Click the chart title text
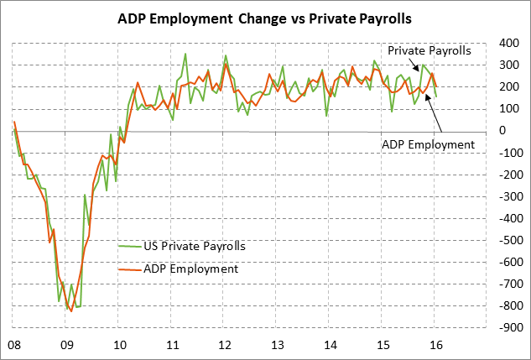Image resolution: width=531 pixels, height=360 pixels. click(x=265, y=16)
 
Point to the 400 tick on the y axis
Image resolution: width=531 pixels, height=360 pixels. click(x=508, y=43)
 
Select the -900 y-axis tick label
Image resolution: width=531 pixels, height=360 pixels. click(x=506, y=327)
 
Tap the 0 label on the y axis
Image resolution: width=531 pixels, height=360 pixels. click(x=502, y=130)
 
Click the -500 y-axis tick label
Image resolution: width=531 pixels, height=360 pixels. click(x=506, y=240)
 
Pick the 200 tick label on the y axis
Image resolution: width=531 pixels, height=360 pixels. click(x=508, y=86)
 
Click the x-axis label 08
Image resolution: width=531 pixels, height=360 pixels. click(x=14, y=344)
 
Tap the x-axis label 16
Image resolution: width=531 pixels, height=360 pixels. click(x=435, y=344)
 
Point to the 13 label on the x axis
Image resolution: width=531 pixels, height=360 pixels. click(x=277, y=344)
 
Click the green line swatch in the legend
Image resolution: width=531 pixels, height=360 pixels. click(x=129, y=246)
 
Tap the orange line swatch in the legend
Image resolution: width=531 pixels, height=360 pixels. click(x=129, y=269)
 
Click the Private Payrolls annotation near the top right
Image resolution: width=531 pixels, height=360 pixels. click(x=429, y=51)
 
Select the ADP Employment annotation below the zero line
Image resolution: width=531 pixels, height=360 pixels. click(x=429, y=144)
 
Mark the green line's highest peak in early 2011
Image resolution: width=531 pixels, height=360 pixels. click(x=185, y=55)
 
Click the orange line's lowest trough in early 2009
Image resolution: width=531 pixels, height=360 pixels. click(x=71, y=311)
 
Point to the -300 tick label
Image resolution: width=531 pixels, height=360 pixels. click(x=506, y=196)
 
